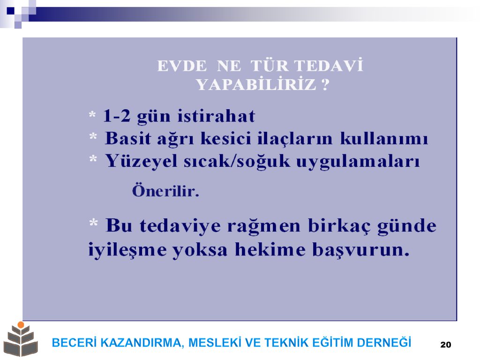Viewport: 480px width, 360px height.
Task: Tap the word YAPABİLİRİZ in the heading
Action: click(256, 84)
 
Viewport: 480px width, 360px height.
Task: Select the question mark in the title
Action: click(326, 84)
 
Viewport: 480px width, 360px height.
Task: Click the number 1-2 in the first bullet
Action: click(117, 116)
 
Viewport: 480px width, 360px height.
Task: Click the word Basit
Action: click(128, 138)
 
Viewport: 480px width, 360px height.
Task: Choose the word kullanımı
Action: click(384, 138)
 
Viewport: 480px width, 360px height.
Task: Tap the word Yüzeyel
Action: click(141, 161)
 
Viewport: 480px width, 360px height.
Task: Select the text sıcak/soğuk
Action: click(237, 161)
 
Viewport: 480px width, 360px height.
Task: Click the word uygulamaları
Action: click(358, 162)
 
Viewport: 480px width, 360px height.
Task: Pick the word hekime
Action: click(270, 249)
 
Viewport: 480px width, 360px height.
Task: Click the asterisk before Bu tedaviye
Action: click(93, 223)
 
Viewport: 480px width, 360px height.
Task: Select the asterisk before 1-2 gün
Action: click(92, 115)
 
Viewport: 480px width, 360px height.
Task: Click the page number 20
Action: click(446, 345)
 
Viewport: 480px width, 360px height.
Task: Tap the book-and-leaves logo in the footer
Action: click(21, 339)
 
